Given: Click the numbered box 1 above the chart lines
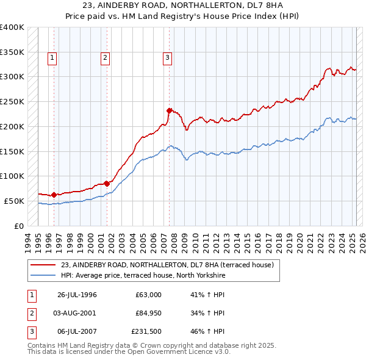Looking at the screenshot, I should [x=52, y=58].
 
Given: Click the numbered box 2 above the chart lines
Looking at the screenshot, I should [x=105, y=58].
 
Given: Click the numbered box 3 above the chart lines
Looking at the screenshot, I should [x=167, y=58].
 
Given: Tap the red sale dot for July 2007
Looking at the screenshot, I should [x=169, y=110].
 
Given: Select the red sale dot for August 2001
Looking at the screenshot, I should [x=107, y=183].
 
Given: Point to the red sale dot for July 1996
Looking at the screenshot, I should [x=54, y=195].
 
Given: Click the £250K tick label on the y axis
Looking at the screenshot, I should [x=12, y=101].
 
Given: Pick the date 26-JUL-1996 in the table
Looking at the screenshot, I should [x=77, y=295].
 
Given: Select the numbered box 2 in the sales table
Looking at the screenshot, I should [x=31, y=312].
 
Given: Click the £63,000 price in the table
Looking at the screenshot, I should [x=148, y=295].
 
